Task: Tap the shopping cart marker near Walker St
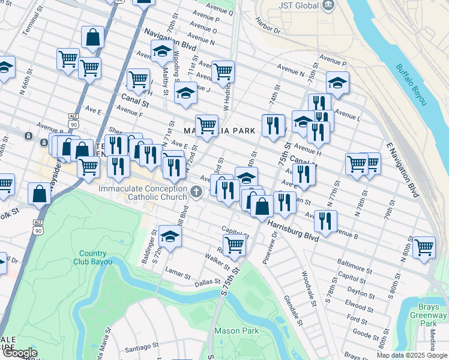click(234, 245)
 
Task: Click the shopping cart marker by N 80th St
click(424, 247)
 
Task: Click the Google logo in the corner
click(19, 353)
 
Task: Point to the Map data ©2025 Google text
click(412, 355)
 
